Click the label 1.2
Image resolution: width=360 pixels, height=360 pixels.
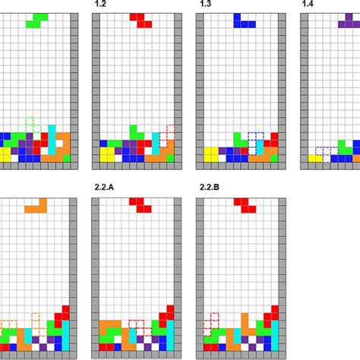point(99,5)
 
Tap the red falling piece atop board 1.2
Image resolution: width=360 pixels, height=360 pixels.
point(140,21)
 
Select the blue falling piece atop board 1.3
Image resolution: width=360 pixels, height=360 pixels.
point(244,21)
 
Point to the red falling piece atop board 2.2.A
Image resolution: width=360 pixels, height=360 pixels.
point(140,204)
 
